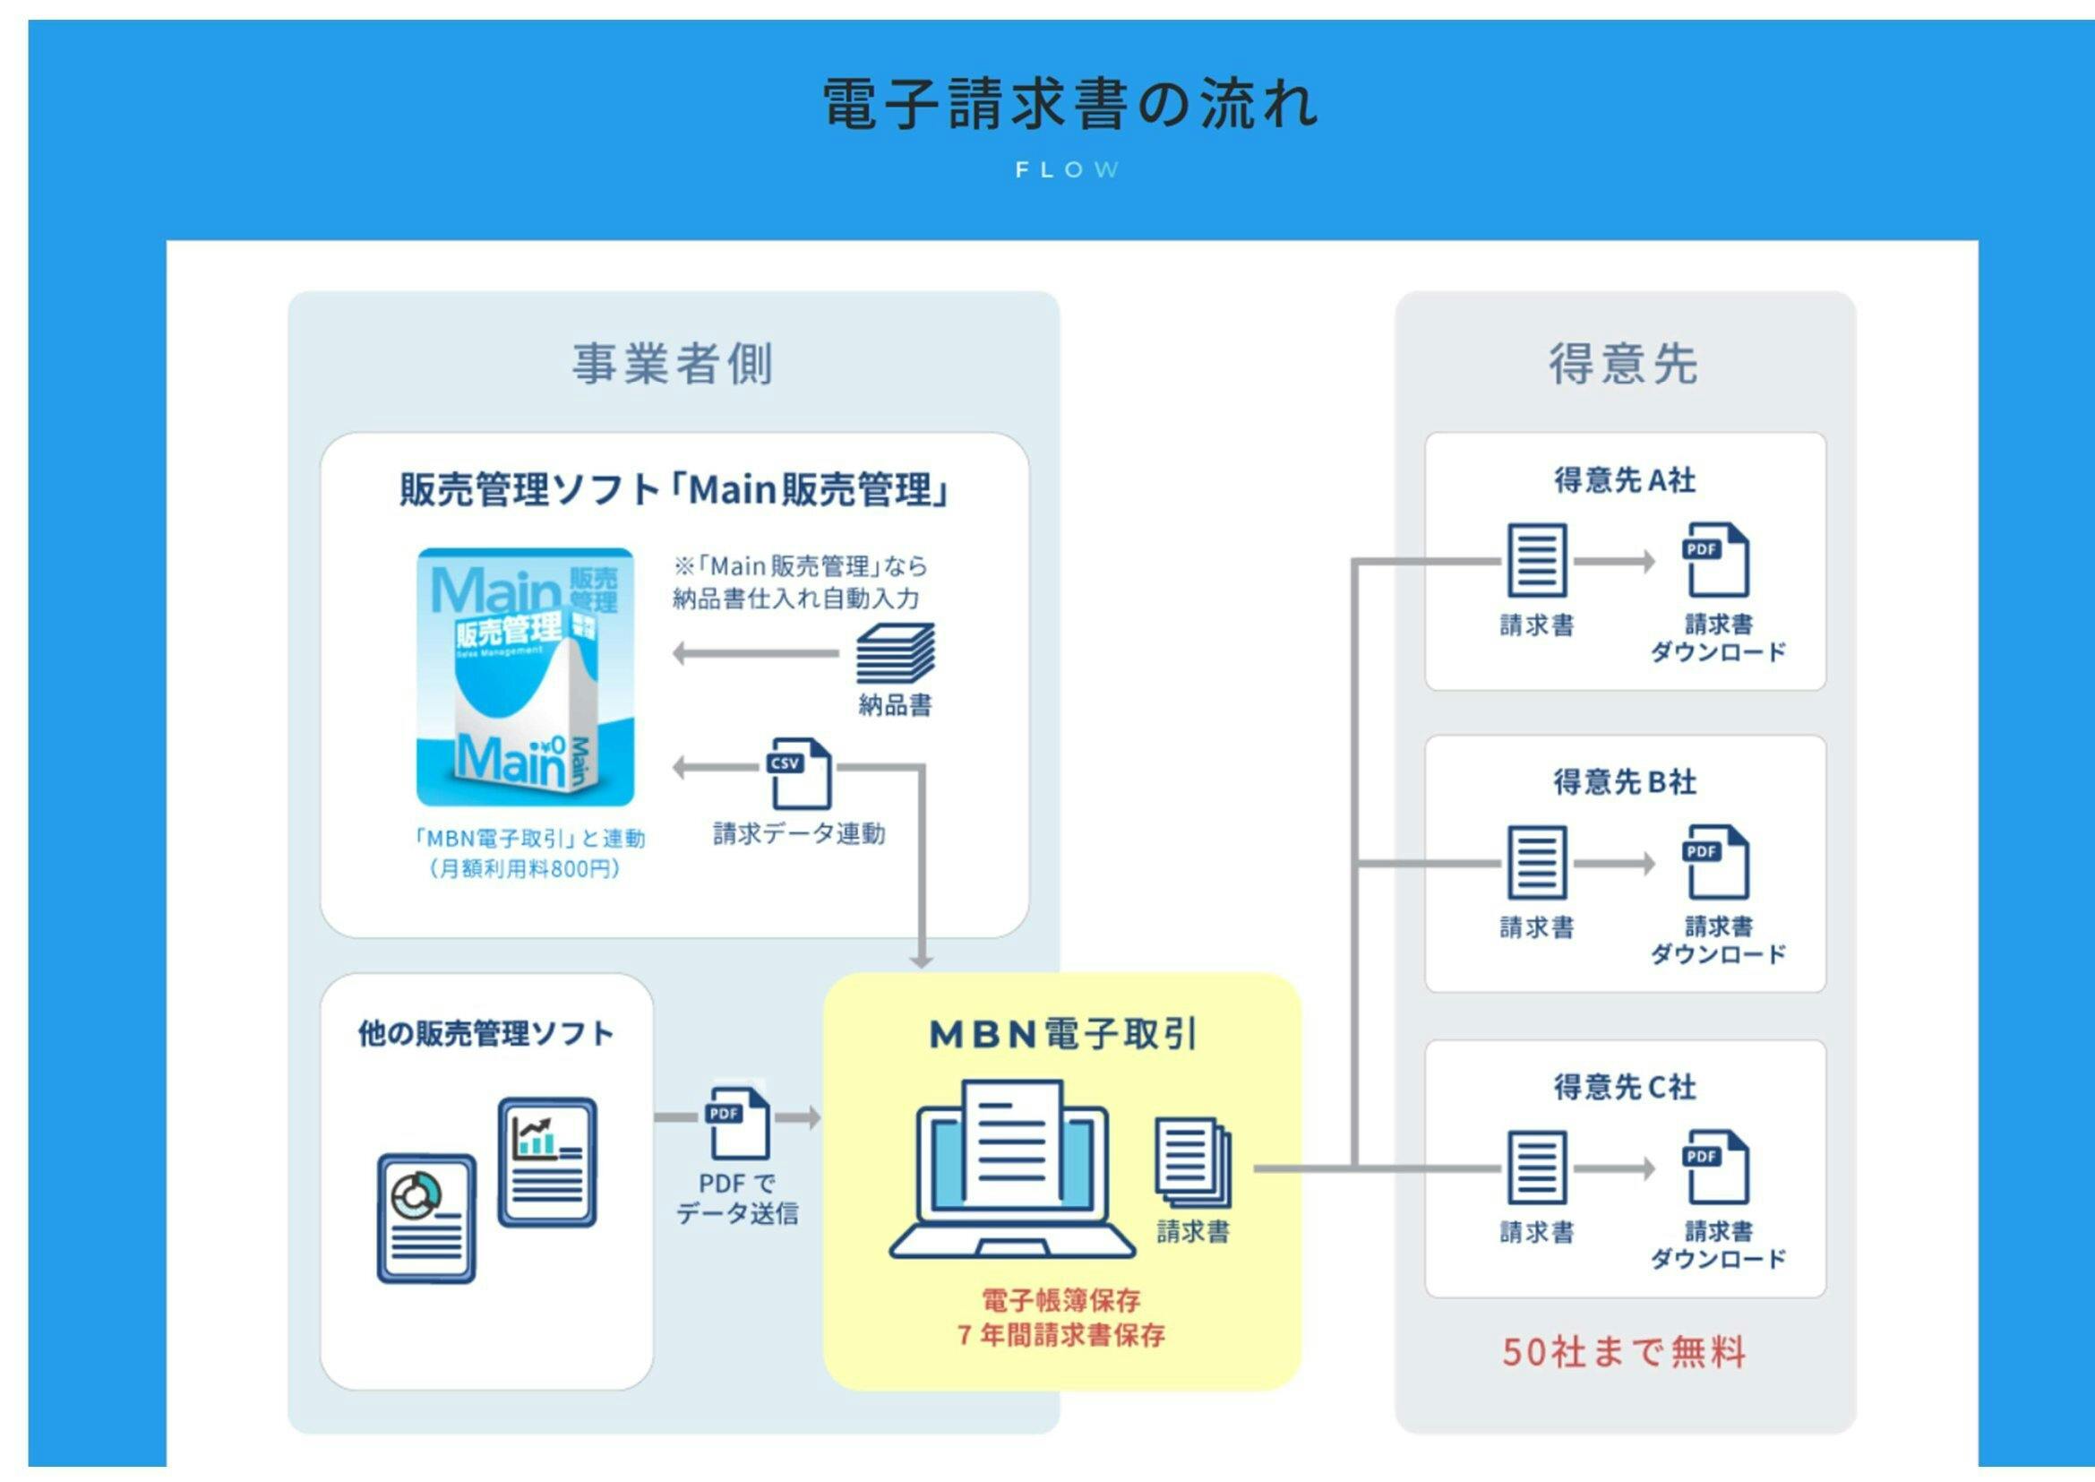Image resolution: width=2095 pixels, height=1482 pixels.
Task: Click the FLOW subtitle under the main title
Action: click(1067, 169)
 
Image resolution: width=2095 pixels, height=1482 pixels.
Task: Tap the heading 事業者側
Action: click(673, 363)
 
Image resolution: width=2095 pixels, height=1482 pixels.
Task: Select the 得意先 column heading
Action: click(1624, 363)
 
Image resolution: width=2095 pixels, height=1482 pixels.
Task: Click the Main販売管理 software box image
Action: click(526, 676)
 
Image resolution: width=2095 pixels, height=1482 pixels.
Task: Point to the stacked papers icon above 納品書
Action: click(894, 653)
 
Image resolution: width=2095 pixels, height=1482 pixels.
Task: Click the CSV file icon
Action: click(799, 773)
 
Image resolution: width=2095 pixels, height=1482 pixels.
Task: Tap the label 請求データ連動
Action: click(798, 833)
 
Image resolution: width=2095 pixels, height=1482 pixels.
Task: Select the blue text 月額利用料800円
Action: click(527, 868)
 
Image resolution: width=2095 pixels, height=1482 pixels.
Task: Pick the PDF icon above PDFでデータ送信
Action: click(737, 1122)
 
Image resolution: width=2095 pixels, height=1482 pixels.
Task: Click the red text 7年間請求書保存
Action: click(1061, 1335)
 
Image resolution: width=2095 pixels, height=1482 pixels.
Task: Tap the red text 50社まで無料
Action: click(1624, 1351)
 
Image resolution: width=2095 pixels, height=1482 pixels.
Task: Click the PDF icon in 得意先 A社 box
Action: click(1715, 560)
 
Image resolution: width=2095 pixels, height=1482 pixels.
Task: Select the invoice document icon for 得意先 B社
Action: click(1537, 862)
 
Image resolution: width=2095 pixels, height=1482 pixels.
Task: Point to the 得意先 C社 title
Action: click(1624, 1086)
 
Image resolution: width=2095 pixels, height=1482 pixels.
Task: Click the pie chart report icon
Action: click(426, 1219)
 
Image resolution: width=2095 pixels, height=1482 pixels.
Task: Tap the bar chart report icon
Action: click(547, 1162)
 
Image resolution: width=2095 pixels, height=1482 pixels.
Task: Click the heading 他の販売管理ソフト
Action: click(485, 1034)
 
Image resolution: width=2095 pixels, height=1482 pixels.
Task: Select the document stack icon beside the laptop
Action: click(1192, 1163)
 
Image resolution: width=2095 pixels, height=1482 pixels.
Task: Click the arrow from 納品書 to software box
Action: click(756, 653)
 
